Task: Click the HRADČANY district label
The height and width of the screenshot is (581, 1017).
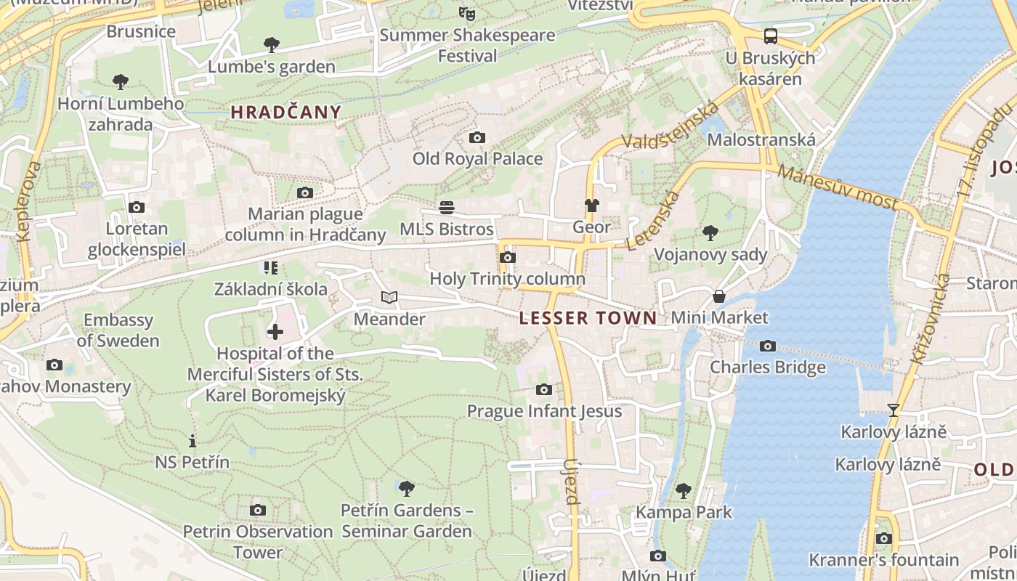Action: tap(285, 112)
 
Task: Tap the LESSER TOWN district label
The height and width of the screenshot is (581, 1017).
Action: tap(588, 317)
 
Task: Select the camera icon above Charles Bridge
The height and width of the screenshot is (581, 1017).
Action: tap(767, 346)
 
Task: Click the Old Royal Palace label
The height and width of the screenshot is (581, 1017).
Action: tap(477, 158)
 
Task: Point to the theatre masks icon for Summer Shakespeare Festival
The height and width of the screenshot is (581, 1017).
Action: tap(467, 13)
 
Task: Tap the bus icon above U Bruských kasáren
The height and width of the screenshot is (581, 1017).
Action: tap(770, 36)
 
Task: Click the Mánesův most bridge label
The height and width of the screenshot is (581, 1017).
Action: tap(837, 187)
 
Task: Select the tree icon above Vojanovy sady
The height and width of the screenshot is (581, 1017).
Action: tap(710, 233)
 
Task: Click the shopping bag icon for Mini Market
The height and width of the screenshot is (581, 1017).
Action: tap(718, 296)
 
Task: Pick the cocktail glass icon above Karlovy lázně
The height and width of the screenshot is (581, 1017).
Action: tap(894, 410)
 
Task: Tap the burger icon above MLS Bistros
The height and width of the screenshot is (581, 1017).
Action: tap(447, 208)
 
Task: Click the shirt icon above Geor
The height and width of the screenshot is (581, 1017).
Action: tap(591, 206)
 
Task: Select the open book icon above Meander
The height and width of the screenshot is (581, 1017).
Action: tap(389, 297)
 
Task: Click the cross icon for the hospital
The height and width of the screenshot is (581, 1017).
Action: tap(275, 332)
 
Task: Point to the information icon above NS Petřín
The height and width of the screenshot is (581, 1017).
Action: tap(193, 441)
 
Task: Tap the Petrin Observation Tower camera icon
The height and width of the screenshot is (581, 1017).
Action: tap(257, 510)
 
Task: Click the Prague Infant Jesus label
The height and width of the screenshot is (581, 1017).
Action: tap(544, 411)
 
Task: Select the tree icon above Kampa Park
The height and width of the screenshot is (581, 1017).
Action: tap(684, 490)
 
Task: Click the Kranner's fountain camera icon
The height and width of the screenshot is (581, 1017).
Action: tap(883, 538)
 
